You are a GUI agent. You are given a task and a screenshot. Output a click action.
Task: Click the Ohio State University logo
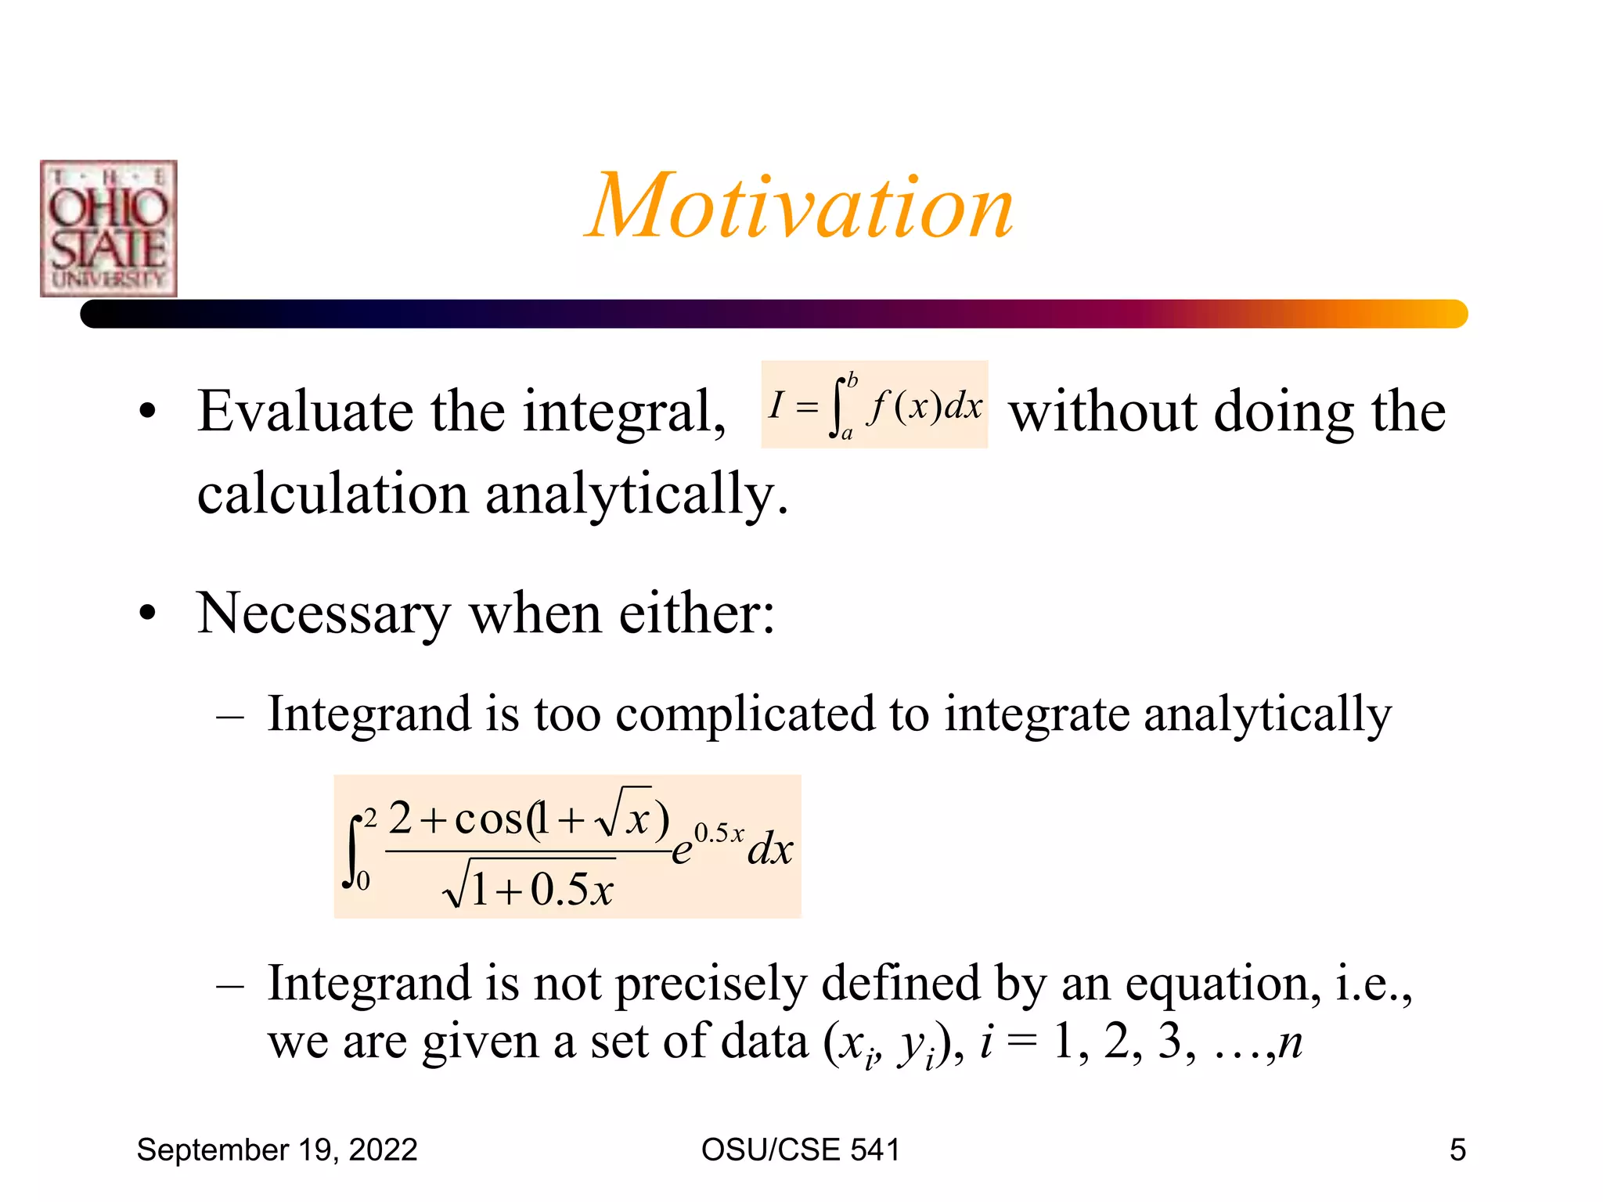click(109, 229)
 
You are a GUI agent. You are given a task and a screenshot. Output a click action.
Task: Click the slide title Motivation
click(800, 207)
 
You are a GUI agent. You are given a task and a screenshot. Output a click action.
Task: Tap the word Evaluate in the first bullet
click(304, 412)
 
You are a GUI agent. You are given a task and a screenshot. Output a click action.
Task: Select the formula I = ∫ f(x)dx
click(874, 405)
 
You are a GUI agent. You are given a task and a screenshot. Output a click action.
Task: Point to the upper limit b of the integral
click(852, 380)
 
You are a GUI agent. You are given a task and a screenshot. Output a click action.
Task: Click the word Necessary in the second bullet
click(323, 614)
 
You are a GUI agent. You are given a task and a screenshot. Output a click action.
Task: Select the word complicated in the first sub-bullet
click(744, 714)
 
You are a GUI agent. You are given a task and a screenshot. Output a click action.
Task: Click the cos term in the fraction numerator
click(489, 819)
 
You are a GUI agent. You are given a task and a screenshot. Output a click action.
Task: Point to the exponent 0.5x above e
click(719, 833)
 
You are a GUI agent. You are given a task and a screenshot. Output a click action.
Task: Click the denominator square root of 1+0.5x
click(530, 887)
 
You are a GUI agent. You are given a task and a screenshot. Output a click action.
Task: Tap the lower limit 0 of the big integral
click(363, 881)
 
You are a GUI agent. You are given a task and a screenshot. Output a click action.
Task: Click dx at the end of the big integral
click(770, 850)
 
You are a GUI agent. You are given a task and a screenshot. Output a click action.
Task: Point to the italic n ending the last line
click(1290, 1042)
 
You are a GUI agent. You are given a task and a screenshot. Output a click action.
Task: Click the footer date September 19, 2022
click(277, 1150)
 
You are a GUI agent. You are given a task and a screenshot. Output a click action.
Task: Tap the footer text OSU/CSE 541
click(800, 1150)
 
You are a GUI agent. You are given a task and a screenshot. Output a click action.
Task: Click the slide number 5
click(1457, 1150)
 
